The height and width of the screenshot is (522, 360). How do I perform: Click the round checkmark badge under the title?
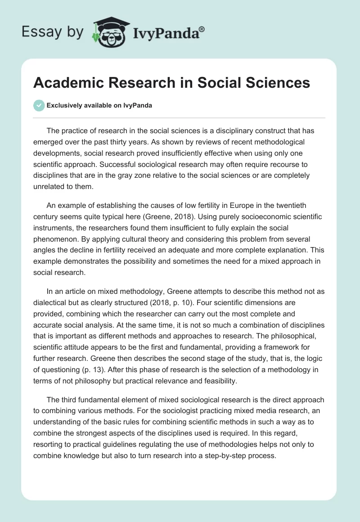pos(39,105)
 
